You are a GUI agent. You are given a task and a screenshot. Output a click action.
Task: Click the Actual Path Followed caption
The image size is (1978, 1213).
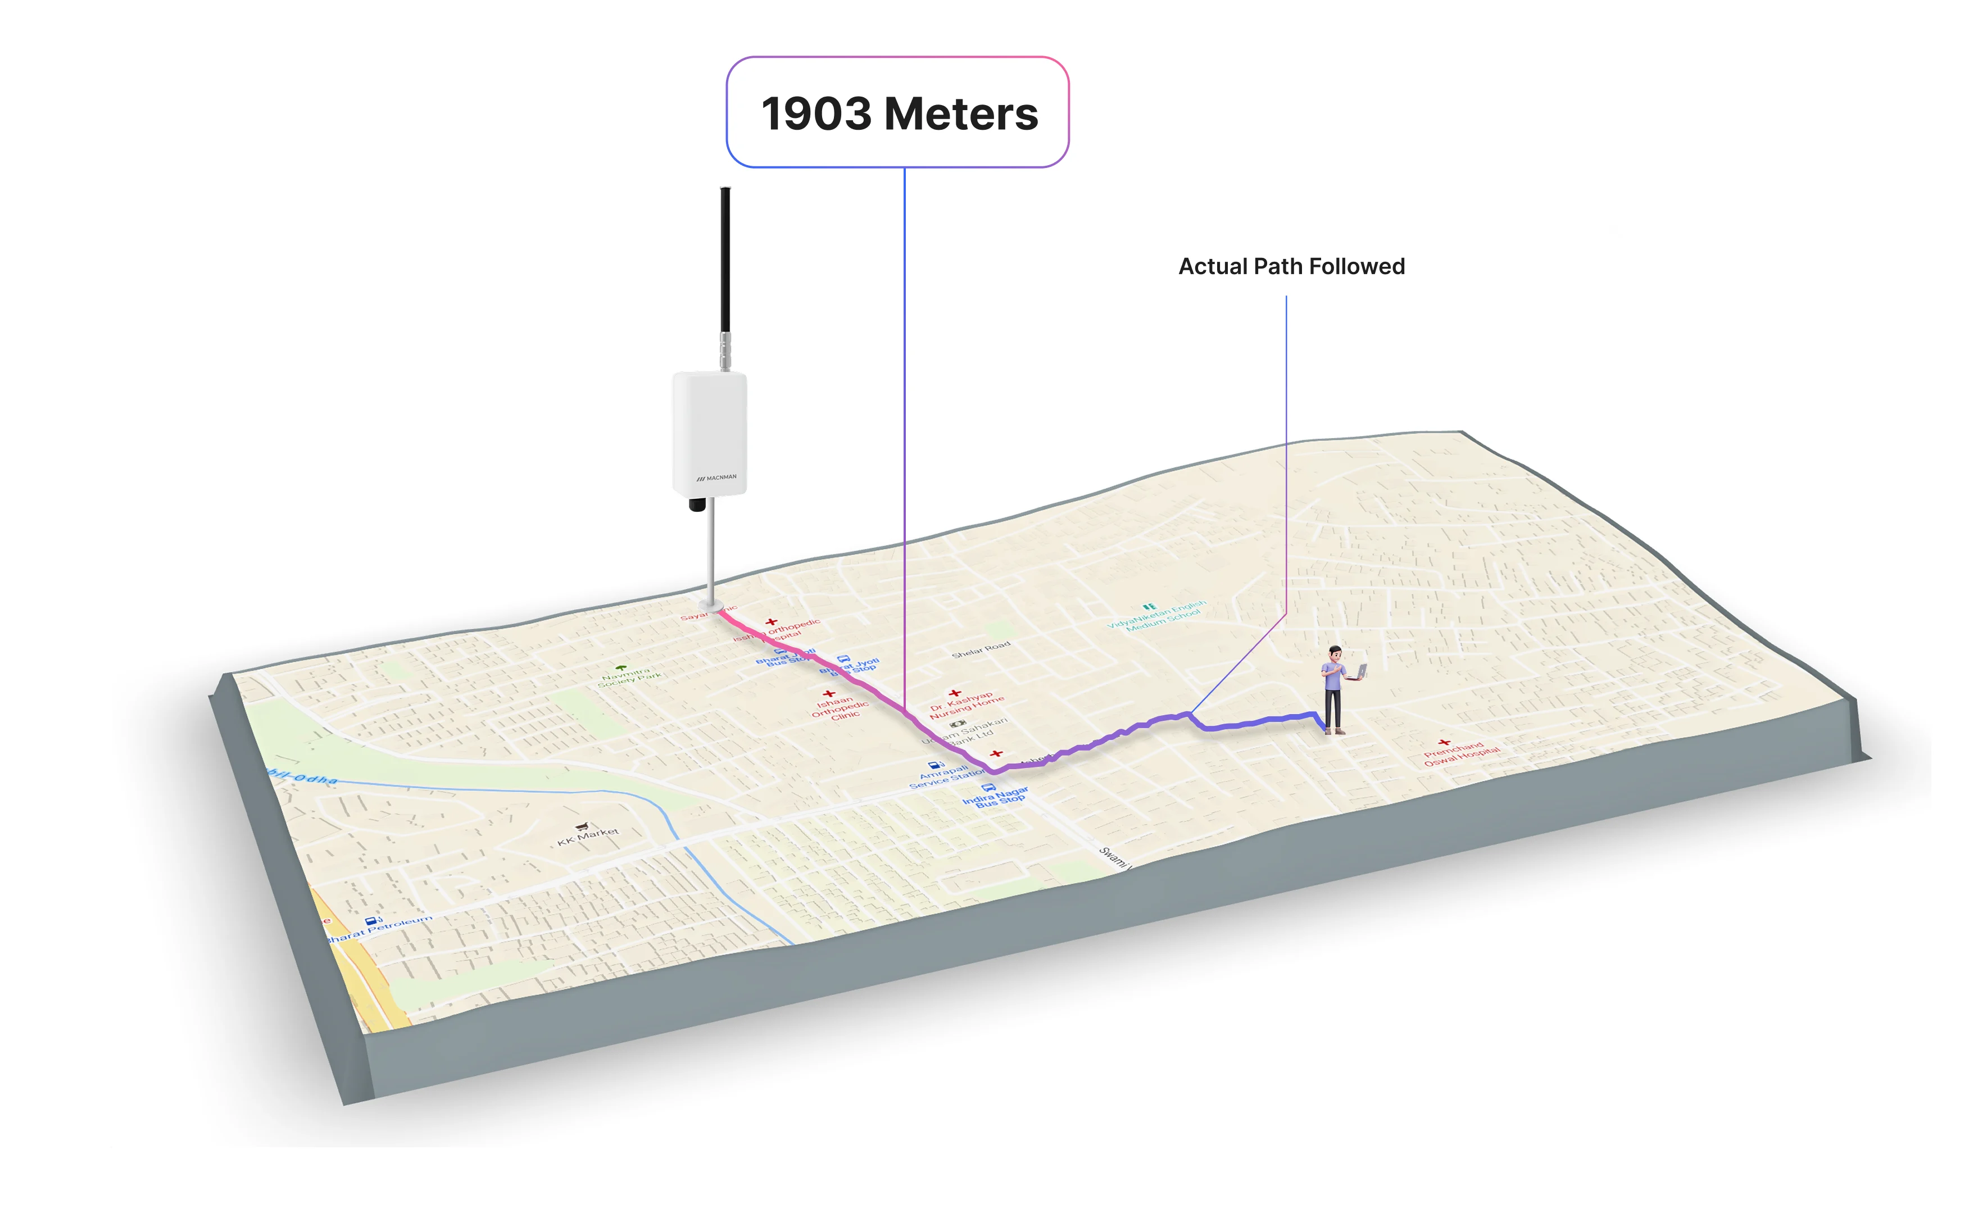pyautogui.click(x=1291, y=266)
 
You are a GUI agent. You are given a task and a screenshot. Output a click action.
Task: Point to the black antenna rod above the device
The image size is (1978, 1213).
pyautogui.click(x=725, y=257)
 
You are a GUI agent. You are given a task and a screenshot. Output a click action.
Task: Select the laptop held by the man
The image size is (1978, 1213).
pyautogui.click(x=1360, y=671)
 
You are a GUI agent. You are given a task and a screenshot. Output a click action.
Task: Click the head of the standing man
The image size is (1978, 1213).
pyautogui.click(x=1334, y=653)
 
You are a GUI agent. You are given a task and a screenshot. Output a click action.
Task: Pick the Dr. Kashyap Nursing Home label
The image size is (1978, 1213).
pyautogui.click(x=966, y=704)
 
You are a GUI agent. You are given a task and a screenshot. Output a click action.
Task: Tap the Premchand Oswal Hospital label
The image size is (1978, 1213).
pyautogui.click(x=1460, y=755)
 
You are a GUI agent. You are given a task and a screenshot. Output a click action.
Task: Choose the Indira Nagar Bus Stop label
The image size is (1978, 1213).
pyautogui.click(x=995, y=798)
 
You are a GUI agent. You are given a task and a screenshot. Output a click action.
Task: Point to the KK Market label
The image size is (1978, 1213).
pyautogui.click(x=588, y=837)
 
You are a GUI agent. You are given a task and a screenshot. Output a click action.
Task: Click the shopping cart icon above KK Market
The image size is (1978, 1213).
pyautogui.click(x=583, y=826)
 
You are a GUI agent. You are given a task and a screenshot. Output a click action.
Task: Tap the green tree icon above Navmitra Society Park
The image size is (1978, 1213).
pyautogui.click(x=620, y=667)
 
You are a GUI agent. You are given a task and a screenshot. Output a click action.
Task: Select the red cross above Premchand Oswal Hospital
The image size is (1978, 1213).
pyautogui.click(x=1444, y=743)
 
